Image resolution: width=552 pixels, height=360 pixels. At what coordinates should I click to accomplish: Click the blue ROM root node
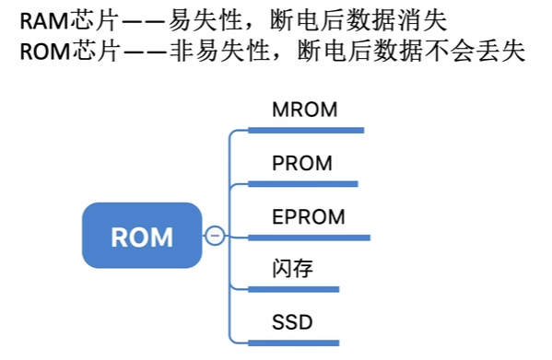[142, 235]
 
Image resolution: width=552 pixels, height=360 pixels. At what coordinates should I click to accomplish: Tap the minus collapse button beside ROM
[215, 235]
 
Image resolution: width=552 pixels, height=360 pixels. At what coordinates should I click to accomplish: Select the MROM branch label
[305, 110]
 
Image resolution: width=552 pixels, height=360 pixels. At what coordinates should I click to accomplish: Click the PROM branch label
[302, 163]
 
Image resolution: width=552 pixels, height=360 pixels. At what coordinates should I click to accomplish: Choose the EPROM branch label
[309, 216]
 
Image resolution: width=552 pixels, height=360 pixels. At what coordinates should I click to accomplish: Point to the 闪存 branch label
[292, 269]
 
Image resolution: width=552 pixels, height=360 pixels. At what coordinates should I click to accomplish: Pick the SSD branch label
[292, 322]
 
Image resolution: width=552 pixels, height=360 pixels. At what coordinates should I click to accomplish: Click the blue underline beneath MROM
[306, 131]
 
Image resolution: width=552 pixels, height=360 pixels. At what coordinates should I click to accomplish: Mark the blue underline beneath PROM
[303, 184]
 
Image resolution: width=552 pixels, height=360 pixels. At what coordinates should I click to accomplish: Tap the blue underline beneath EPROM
[309, 238]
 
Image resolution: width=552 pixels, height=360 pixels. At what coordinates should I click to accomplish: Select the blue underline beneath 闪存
[294, 289]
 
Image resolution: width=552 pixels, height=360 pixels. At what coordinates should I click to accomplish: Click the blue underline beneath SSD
[294, 343]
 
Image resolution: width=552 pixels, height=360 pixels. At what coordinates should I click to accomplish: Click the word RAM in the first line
[44, 21]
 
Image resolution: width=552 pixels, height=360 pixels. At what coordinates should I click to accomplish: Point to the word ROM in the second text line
[46, 52]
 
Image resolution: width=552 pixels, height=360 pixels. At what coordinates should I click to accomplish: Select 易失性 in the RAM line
[206, 21]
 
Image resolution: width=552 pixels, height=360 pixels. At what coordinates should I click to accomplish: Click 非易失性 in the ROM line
[219, 51]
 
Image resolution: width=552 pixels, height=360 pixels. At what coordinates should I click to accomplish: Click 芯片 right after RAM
[93, 21]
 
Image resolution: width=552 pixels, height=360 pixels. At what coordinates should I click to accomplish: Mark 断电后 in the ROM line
[335, 51]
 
